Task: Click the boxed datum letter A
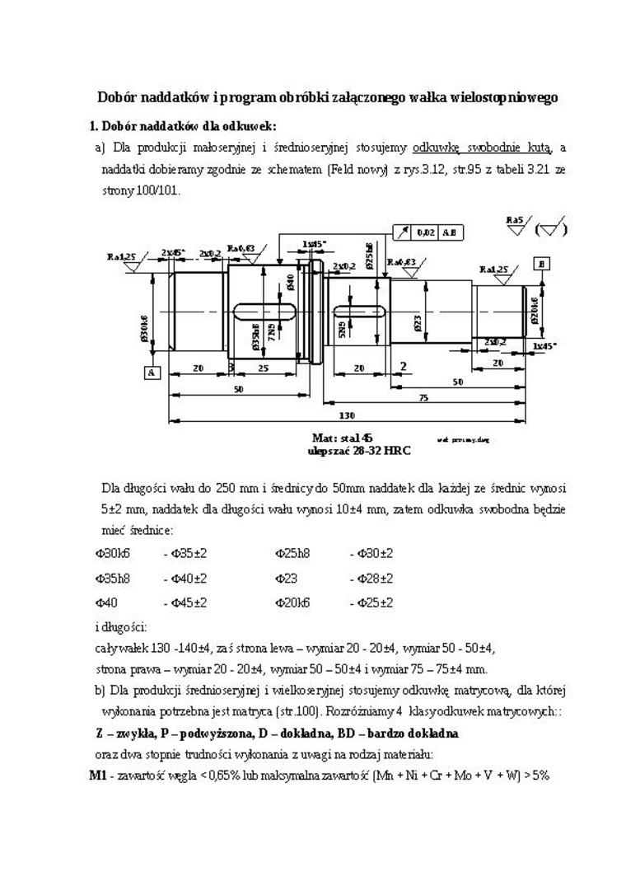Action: click(x=152, y=373)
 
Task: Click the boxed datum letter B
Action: click(x=542, y=264)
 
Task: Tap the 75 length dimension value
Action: click(x=422, y=398)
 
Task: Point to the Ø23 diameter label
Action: click(x=418, y=322)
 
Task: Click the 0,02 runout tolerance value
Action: click(x=426, y=232)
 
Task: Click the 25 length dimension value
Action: click(x=263, y=368)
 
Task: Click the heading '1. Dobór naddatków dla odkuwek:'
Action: click(x=182, y=126)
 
